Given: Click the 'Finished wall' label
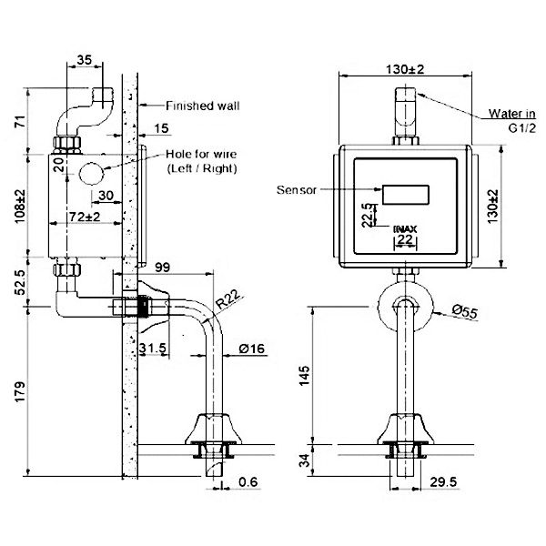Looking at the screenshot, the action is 202,106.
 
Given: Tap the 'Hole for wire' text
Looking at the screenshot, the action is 201,154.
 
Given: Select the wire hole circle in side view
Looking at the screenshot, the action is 92,174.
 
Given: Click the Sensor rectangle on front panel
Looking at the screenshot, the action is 406,195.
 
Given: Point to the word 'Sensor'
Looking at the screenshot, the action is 297,190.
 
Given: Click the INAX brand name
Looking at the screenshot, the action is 405,229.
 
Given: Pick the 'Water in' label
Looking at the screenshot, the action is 511,113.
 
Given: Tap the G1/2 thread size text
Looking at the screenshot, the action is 522,128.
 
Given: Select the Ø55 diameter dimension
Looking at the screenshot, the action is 465,311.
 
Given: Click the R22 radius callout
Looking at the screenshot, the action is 228,299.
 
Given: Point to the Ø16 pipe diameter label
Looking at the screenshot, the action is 252,349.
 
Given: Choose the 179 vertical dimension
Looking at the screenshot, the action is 20,391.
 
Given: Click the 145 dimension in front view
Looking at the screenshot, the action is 304,376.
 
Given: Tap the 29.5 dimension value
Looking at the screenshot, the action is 443,482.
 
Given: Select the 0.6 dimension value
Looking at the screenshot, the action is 248,481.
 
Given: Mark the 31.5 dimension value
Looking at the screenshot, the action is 153,348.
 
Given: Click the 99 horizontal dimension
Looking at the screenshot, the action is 162,267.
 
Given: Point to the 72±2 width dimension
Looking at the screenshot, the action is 85,217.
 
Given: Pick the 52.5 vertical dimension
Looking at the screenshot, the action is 20,282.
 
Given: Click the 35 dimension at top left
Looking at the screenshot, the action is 85,59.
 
